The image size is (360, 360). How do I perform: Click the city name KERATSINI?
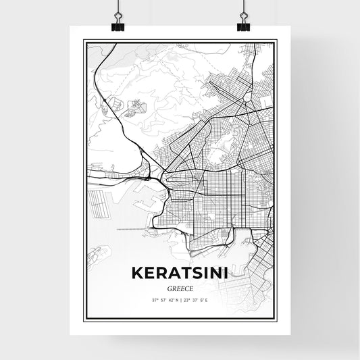coord(180,274)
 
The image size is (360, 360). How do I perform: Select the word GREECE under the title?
coord(180,288)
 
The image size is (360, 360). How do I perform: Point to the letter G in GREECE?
coord(168,288)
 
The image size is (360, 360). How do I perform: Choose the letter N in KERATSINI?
coord(218,274)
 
